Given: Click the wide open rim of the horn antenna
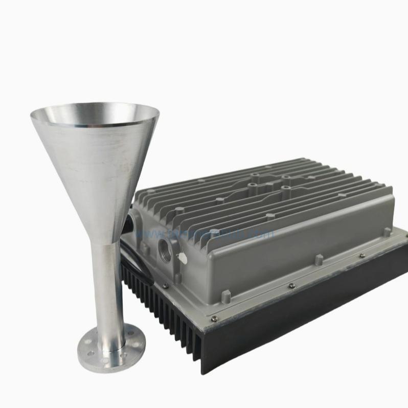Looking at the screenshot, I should tap(95, 114).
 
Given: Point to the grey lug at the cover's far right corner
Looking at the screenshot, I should tap(387, 232).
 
